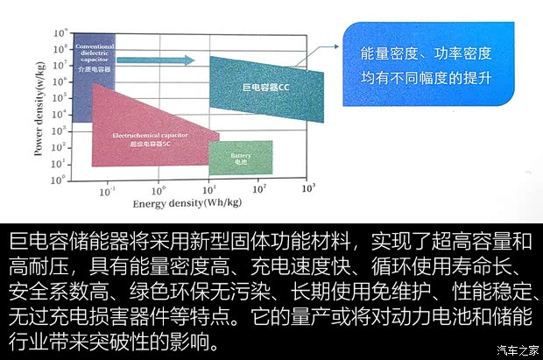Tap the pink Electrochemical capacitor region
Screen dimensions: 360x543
click(x=140, y=131)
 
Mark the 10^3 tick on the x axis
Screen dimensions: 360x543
click(x=308, y=188)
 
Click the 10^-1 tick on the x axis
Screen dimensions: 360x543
click(x=108, y=188)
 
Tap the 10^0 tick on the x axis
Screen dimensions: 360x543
click(x=159, y=188)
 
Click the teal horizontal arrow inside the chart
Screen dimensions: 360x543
click(x=144, y=60)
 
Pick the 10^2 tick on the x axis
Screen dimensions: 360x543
click(x=259, y=188)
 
